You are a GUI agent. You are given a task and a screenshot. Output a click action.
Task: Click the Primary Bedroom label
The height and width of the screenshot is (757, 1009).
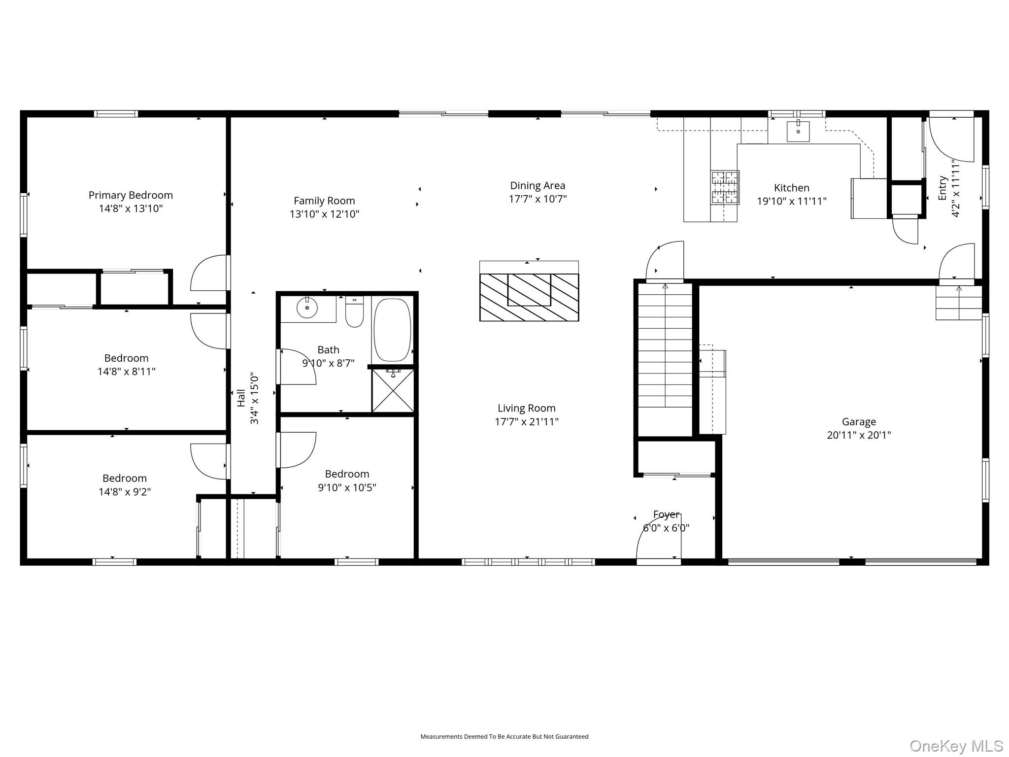pos(131,195)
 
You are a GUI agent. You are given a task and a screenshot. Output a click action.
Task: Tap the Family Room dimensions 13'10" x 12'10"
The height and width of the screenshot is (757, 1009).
pos(324,214)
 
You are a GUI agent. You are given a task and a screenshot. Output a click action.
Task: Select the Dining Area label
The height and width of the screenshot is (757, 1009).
pos(538,186)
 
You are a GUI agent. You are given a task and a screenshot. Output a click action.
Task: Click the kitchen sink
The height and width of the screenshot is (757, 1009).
pos(798,131)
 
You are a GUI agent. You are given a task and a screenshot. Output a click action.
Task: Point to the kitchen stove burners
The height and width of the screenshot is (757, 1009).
pos(725,187)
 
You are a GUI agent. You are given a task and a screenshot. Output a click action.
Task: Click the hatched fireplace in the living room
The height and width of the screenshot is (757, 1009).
pos(529,297)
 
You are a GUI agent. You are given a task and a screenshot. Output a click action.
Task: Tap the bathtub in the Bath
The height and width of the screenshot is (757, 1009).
pos(392,330)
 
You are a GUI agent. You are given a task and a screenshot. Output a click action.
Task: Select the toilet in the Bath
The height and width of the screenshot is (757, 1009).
pos(354,311)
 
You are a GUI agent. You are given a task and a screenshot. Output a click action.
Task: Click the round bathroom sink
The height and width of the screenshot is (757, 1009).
pos(307,308)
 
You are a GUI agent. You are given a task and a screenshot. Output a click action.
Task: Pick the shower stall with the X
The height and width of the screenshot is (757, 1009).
pos(393,390)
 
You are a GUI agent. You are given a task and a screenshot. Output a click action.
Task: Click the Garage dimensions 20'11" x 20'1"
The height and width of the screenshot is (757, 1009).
pos(859,435)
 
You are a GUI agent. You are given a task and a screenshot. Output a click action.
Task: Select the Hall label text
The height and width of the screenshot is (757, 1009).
pos(241,398)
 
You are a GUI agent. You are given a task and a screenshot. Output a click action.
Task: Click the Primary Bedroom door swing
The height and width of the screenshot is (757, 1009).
pos(210,273)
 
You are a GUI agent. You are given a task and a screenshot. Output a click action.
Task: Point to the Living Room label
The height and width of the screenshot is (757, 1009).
pos(527,408)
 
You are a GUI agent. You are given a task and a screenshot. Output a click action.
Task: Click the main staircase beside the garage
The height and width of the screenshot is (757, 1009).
pos(665,345)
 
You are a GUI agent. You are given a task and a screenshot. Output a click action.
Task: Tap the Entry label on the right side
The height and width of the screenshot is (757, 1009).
pos(942,188)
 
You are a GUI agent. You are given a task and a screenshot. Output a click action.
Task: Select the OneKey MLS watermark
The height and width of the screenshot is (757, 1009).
pos(956,746)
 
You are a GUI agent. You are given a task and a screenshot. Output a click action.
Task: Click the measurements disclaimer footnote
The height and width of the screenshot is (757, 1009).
pos(504,736)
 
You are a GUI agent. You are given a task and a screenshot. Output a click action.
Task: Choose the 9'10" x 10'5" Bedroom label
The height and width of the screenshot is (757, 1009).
pos(347,474)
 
